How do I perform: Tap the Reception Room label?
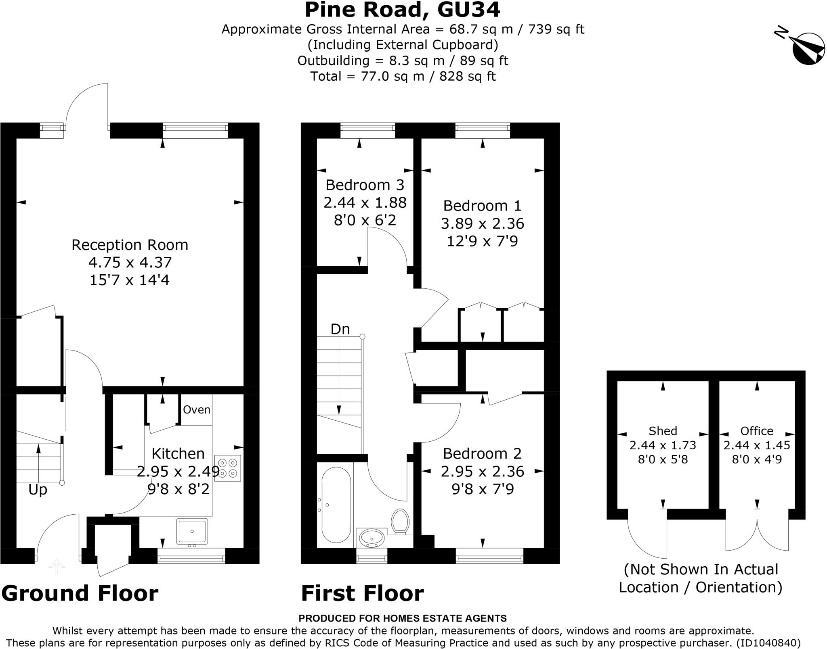click(130, 245)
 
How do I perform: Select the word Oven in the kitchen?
click(197, 410)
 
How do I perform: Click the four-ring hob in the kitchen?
click(228, 468)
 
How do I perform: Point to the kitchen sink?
click(192, 531)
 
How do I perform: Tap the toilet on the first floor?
click(400, 522)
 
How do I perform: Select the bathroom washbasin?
click(372, 538)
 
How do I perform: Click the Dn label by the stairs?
click(340, 329)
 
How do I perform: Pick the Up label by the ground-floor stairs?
click(38, 490)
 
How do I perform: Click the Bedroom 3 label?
click(365, 185)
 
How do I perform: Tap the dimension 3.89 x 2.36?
click(482, 223)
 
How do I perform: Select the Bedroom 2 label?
click(482, 453)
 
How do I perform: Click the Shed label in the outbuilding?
click(663, 431)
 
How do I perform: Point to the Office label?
click(757, 431)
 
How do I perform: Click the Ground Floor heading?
click(80, 593)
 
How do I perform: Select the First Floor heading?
click(363, 593)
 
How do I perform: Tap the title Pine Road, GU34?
click(402, 10)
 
